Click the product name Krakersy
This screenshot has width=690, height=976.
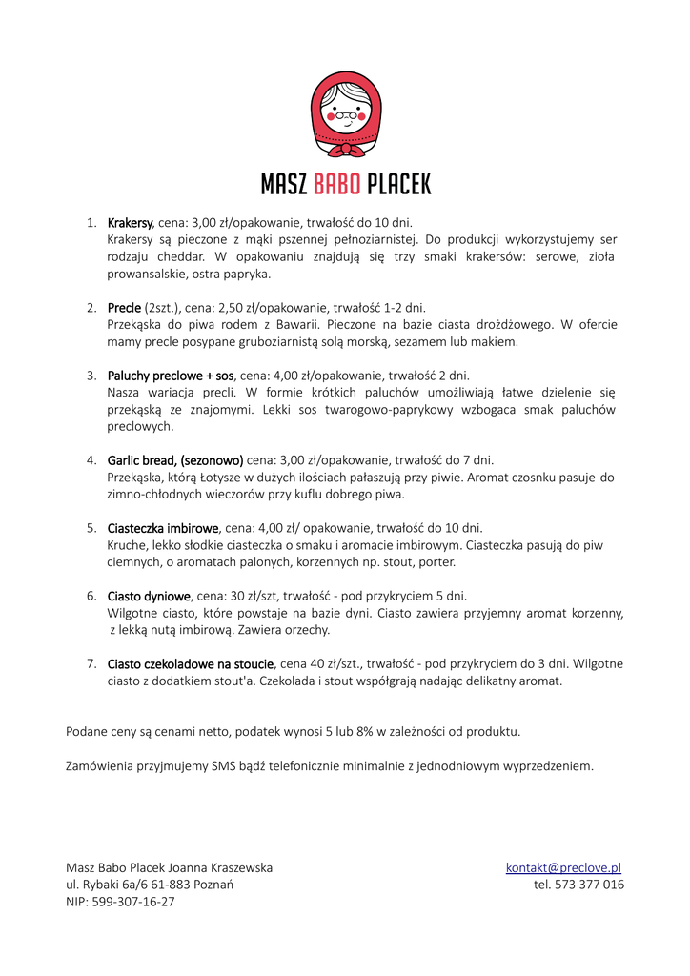tap(130, 222)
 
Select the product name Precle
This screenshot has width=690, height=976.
tap(124, 308)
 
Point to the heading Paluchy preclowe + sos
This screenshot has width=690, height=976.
tap(171, 376)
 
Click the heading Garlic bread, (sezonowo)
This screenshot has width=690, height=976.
tap(175, 460)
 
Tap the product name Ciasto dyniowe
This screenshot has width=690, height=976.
tap(150, 596)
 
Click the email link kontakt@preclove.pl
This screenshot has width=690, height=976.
tap(563, 867)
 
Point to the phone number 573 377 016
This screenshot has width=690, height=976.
tap(589, 884)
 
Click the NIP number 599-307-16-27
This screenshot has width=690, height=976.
tap(133, 902)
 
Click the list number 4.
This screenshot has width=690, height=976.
tap(91, 460)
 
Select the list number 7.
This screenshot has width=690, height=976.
tap(91, 663)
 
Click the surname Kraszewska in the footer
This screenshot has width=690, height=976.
tap(233, 867)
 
